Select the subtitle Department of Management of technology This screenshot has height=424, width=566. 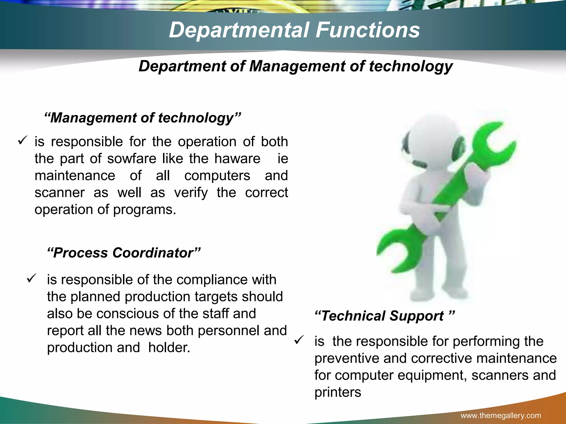pyautogui.click(x=295, y=66)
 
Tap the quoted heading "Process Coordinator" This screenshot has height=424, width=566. pyautogui.click(x=124, y=253)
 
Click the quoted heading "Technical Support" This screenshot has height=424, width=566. pyautogui.click(x=384, y=316)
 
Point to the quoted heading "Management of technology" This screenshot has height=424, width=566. pyautogui.click(x=143, y=118)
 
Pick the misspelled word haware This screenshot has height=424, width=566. pyautogui.click(x=237, y=159)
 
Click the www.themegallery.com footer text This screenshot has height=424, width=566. pyautogui.click(x=501, y=415)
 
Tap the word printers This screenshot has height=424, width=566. pyautogui.click(x=338, y=392)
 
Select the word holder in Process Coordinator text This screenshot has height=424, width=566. pyautogui.click(x=169, y=348)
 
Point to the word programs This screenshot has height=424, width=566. pyautogui.click(x=144, y=210)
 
